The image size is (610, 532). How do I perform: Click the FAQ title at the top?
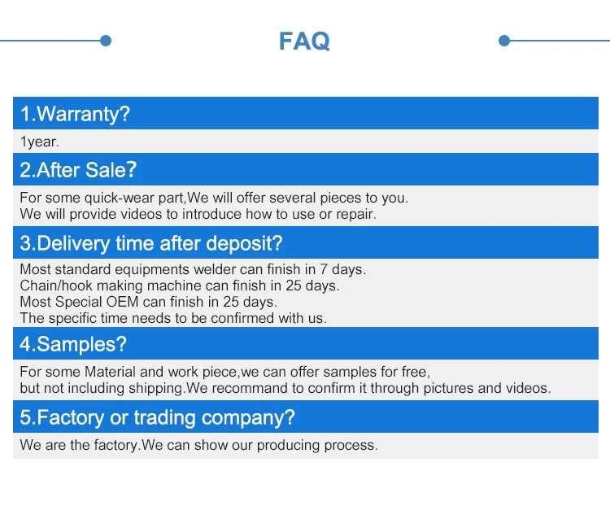(304, 41)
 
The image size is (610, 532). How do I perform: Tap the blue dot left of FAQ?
(106, 41)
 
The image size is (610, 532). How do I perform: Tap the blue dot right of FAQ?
(504, 41)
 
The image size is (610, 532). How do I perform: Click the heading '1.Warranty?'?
(75, 114)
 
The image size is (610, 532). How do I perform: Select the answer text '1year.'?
(39, 142)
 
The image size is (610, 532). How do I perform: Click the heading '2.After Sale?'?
(78, 170)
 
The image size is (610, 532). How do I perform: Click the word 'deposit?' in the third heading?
(244, 243)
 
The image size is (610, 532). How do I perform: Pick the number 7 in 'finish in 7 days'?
(324, 269)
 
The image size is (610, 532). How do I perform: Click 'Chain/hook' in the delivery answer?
(56, 286)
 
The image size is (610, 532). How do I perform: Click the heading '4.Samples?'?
(73, 344)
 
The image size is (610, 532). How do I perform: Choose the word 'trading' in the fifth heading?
(164, 418)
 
